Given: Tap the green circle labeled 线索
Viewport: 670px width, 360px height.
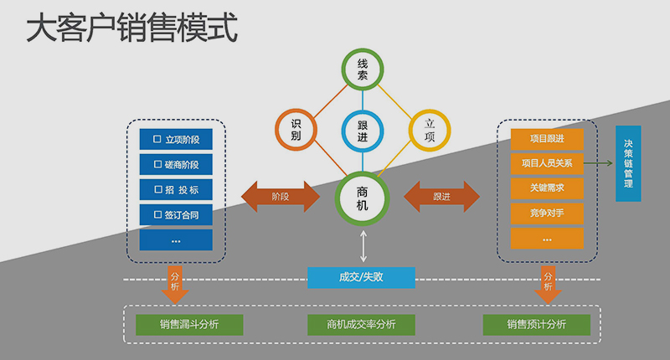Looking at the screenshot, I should [x=363, y=69].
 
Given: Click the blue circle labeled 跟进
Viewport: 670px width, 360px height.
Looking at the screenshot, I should [x=363, y=130].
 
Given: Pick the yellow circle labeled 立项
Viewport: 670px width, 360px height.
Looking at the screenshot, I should [x=430, y=130].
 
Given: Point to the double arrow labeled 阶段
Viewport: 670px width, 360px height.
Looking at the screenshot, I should [x=281, y=197].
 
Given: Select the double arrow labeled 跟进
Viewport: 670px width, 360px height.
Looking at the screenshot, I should [x=442, y=197].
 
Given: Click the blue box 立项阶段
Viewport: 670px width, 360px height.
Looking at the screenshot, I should [x=176, y=138].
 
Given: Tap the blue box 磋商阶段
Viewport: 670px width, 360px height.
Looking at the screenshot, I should [x=176, y=164].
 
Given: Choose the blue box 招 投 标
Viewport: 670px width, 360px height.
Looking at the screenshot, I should [x=176, y=189].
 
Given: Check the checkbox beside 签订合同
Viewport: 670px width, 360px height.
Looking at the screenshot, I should [x=157, y=215].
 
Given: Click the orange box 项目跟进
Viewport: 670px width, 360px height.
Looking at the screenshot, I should [x=547, y=138].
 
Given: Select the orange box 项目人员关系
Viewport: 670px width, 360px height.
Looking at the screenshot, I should [x=547, y=163].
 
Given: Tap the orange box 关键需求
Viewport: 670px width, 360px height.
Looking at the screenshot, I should [x=547, y=188].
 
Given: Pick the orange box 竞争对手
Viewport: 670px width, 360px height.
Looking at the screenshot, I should [x=547, y=213].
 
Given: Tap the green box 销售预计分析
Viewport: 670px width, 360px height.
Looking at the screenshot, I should [x=536, y=325].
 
